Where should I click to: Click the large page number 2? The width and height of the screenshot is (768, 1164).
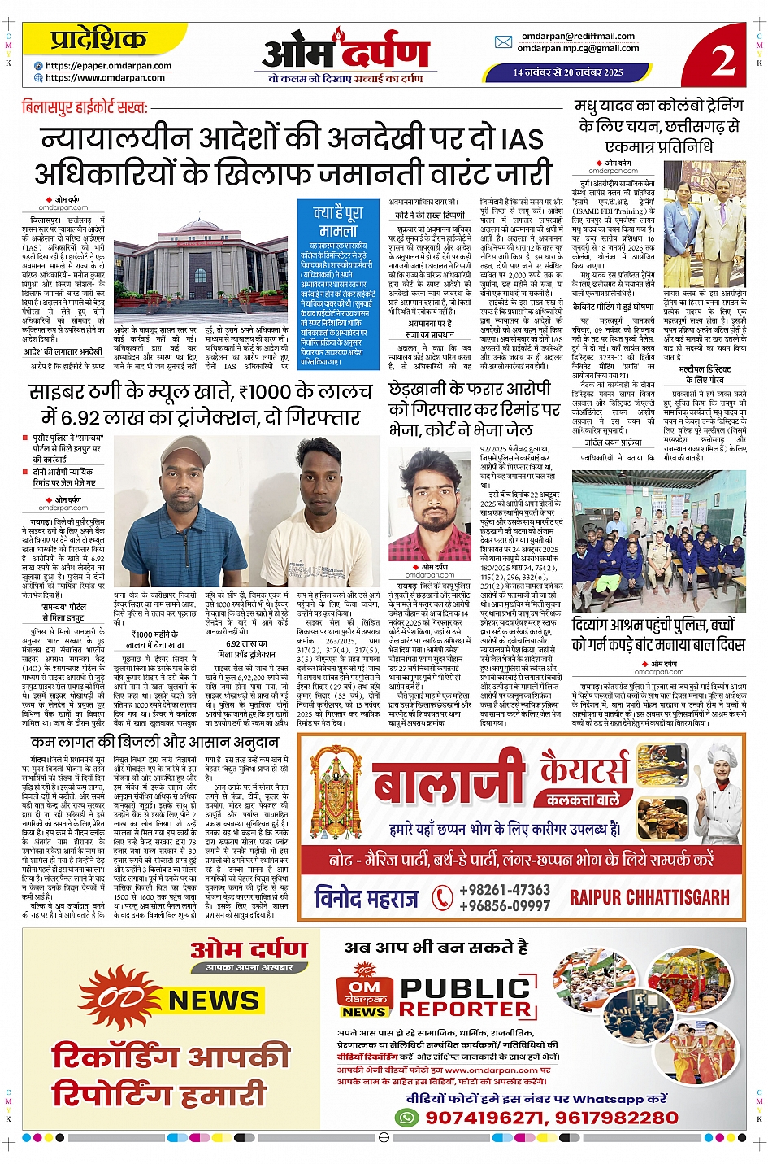(722, 58)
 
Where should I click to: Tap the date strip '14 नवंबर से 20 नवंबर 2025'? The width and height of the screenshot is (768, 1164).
(567, 72)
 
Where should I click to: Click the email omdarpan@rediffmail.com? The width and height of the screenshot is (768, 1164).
(578, 36)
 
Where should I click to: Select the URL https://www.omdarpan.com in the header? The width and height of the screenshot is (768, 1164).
(105, 78)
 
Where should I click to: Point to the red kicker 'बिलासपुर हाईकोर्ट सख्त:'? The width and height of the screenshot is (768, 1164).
(85, 107)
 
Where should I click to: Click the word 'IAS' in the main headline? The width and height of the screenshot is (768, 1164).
(523, 139)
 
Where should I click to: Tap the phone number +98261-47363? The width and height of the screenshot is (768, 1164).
(505, 890)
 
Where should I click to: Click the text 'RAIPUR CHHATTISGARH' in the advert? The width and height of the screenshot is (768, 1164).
(649, 897)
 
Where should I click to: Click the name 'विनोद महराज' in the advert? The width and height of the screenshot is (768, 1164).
(367, 898)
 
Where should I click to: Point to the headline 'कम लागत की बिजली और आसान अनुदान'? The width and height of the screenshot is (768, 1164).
(154, 742)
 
